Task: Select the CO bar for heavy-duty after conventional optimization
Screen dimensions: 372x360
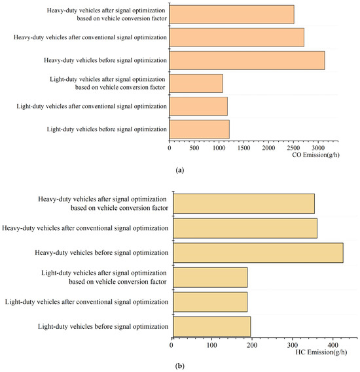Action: pyautogui.click(x=236, y=37)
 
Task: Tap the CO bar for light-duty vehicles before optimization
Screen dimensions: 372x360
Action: pyautogui.click(x=199, y=129)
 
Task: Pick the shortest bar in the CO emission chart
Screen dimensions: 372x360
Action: pyautogui.click(x=196, y=83)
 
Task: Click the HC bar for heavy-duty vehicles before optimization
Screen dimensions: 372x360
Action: pyautogui.click(x=257, y=252)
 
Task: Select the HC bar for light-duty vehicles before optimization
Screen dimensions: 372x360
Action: pyautogui.click(x=211, y=326)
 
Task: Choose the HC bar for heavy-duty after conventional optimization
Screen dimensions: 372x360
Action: pyautogui.click(x=244, y=228)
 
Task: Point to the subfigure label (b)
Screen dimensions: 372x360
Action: pyautogui.click(x=179, y=366)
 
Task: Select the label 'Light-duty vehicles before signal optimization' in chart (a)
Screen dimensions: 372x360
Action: pyautogui.click(x=107, y=129)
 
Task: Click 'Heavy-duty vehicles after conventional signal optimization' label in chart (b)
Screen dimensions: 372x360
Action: pyautogui.click(x=86, y=228)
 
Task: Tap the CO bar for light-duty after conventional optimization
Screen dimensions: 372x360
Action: pyautogui.click(x=198, y=106)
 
